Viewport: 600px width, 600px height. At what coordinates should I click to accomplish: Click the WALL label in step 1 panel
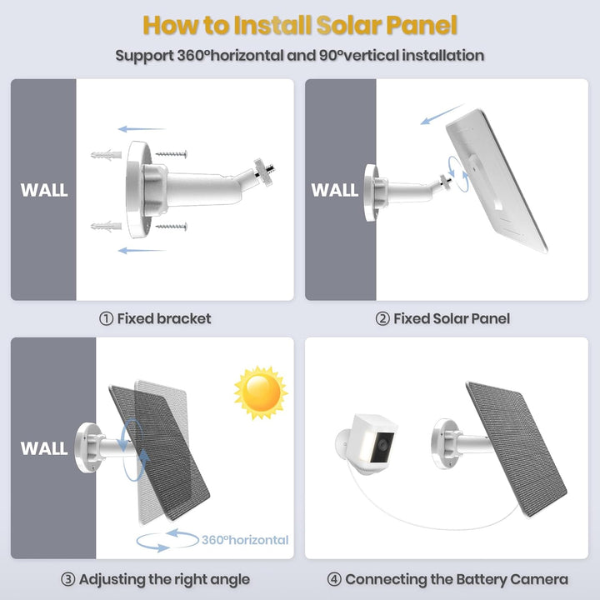coord(44,190)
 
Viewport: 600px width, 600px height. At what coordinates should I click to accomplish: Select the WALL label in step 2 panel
coord(335,190)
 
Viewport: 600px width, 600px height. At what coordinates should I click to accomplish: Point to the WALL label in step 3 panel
coord(44,448)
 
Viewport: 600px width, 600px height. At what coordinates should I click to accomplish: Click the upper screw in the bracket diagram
coord(172,154)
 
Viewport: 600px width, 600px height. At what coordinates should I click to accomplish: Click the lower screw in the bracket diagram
coord(172,226)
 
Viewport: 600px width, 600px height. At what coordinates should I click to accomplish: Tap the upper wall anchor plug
coord(106,154)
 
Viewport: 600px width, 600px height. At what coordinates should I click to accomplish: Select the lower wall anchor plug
coord(106,226)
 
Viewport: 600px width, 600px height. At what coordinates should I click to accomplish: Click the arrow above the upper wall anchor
coord(141,129)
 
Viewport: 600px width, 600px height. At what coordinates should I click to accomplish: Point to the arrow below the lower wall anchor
coord(141,250)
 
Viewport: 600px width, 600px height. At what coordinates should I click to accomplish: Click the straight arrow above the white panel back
coord(441,114)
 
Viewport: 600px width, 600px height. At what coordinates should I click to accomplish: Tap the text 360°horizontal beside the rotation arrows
coord(245,540)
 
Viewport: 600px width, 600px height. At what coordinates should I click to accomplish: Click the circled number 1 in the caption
coord(106,318)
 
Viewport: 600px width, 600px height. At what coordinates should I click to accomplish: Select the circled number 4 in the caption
coord(333,579)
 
